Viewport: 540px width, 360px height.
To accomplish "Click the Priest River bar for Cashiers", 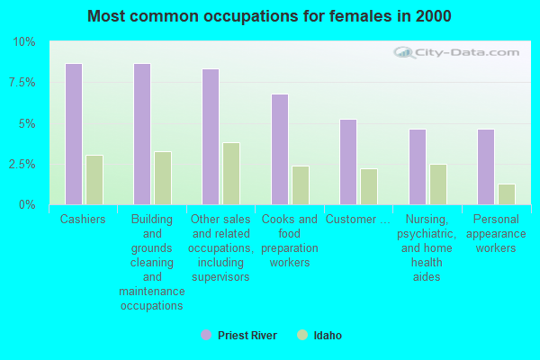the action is click(x=74, y=134).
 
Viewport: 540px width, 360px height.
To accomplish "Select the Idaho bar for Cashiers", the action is click(x=94, y=180).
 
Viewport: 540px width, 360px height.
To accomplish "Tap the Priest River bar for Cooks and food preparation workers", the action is click(x=280, y=149).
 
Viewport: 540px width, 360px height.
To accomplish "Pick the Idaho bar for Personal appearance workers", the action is click(x=507, y=194).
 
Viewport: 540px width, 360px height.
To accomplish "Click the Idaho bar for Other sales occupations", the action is click(x=231, y=174).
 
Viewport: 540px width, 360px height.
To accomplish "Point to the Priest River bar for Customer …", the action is click(x=348, y=162).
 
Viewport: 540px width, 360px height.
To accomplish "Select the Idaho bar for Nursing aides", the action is click(x=438, y=184).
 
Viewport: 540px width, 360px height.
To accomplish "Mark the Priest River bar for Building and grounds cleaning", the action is click(x=142, y=134).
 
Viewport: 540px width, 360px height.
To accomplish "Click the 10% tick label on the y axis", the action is click(x=24, y=42).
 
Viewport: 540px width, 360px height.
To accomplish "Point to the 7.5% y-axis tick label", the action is click(x=22, y=83).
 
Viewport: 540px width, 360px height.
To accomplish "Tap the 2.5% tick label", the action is click(x=22, y=165).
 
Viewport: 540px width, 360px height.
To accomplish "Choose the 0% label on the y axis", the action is click(x=27, y=205).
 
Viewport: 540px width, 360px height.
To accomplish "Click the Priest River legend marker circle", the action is click(x=206, y=335).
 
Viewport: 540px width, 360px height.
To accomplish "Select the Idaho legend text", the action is click(x=328, y=336).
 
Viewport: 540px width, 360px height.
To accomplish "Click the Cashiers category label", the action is click(x=83, y=219).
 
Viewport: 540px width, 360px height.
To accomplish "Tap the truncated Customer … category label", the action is click(x=358, y=219).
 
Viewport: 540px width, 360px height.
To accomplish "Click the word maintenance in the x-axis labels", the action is click(x=152, y=292).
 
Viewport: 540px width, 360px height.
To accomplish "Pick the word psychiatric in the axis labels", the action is click(x=427, y=234).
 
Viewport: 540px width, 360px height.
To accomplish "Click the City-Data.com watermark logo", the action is click(x=456, y=53).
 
